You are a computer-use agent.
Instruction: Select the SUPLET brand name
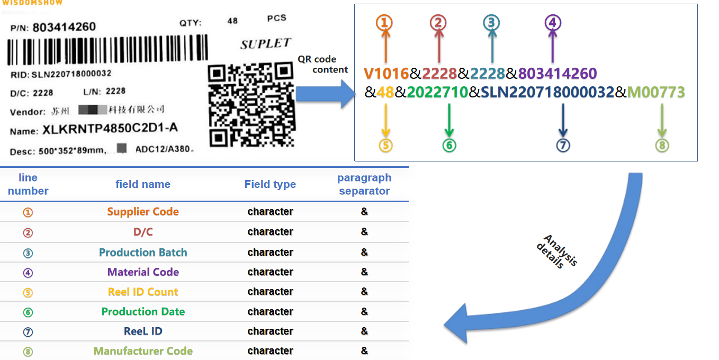[265, 43]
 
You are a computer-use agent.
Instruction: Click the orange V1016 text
[386, 74]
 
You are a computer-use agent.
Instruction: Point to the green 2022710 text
[437, 92]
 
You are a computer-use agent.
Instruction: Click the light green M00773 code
[656, 92]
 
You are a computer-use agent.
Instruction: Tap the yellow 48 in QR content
[385, 92]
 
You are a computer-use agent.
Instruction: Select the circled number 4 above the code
[553, 23]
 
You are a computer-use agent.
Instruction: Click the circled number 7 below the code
[563, 145]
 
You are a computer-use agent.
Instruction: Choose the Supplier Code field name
[143, 212]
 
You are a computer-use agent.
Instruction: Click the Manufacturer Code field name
[143, 351]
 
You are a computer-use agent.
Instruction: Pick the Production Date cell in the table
[143, 312]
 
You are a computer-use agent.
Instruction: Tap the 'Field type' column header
[270, 184]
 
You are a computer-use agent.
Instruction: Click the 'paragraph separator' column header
[364, 184]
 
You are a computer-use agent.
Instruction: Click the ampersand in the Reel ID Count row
[364, 292]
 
